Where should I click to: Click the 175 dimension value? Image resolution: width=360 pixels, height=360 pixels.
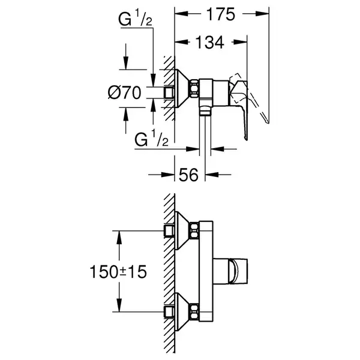tap(221, 14)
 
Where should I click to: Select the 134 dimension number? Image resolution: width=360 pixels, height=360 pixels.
tap(209, 43)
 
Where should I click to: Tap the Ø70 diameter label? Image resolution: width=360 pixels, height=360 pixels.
tap(125, 93)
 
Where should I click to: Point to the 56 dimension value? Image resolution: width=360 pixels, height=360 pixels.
tap(188, 175)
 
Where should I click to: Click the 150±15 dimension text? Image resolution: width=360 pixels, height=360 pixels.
tap(118, 272)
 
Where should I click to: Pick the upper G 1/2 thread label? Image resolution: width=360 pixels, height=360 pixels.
tap(135, 19)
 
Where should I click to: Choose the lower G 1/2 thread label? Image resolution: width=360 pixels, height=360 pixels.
tap(152, 139)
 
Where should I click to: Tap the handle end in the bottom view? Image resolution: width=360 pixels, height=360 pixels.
tap(238, 271)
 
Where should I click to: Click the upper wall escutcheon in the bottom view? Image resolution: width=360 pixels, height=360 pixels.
tap(182, 230)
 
